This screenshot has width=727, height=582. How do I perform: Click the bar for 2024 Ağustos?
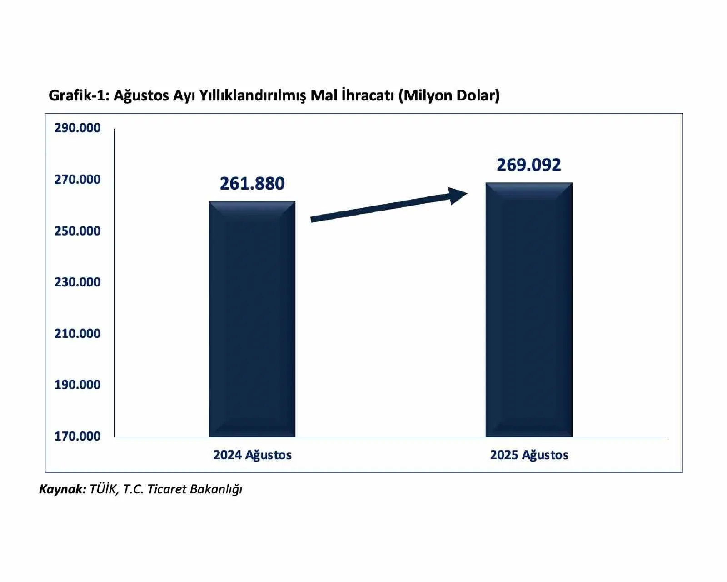click(252, 318)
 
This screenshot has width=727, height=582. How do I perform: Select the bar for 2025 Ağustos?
click(528, 309)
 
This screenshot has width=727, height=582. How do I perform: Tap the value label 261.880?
click(252, 183)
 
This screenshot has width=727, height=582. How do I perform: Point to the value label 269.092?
click(528, 165)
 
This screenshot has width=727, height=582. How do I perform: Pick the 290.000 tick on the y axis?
click(77, 128)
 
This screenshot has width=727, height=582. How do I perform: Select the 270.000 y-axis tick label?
click(77, 179)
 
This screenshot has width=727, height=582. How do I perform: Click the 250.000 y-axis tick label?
click(77, 231)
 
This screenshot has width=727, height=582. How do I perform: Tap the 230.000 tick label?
click(77, 282)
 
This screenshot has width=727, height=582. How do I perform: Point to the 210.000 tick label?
click(77, 333)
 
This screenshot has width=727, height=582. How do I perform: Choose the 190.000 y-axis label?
click(77, 385)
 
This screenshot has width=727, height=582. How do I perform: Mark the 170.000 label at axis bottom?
click(77, 436)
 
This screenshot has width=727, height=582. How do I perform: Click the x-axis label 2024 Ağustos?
click(252, 455)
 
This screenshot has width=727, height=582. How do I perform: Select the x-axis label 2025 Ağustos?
click(529, 455)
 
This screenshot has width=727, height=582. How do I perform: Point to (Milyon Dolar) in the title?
click(449, 95)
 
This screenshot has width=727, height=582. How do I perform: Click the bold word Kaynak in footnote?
click(62, 489)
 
